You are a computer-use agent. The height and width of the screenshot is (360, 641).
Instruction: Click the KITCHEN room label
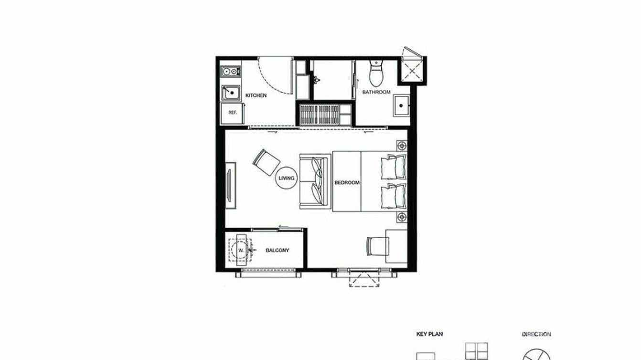[x=256, y=95]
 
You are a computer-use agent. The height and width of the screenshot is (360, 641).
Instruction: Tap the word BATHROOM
[x=376, y=92]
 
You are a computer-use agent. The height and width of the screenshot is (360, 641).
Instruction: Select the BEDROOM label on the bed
[x=347, y=182]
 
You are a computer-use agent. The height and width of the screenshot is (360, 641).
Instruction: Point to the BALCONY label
[x=278, y=250]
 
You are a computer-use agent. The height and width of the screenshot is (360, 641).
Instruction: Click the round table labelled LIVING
[x=287, y=179]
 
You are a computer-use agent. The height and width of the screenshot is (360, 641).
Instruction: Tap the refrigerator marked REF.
[x=232, y=113]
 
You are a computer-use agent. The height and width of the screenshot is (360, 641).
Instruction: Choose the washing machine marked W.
[x=241, y=250]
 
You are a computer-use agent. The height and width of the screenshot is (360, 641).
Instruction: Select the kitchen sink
[x=231, y=92]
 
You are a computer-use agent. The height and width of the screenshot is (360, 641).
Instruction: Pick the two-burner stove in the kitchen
[x=230, y=72]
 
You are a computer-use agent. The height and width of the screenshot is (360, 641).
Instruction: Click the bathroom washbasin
[x=400, y=106]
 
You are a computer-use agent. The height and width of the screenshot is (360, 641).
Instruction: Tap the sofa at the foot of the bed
[x=314, y=182]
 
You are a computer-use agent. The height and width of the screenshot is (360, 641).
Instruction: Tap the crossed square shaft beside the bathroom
[x=412, y=71]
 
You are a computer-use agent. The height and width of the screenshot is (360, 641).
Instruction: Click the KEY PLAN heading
[x=429, y=334]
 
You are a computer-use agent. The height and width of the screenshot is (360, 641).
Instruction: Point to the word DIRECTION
[x=536, y=334]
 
